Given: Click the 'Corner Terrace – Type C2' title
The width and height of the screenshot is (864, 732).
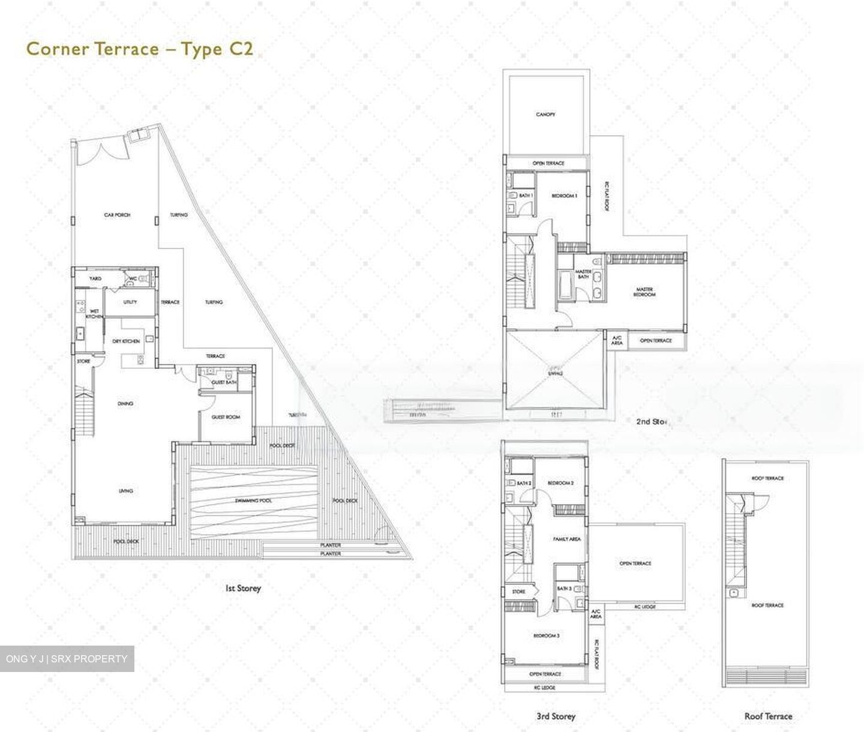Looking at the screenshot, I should click(x=140, y=49).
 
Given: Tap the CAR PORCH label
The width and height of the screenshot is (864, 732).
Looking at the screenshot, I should click(x=117, y=215).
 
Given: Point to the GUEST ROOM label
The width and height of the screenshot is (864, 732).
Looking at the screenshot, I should click(x=226, y=417).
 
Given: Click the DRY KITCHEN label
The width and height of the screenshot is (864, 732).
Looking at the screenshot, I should click(x=126, y=341).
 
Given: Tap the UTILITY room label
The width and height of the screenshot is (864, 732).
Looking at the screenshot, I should click(x=130, y=302).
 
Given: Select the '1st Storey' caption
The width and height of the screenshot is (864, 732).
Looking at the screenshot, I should click(x=243, y=589).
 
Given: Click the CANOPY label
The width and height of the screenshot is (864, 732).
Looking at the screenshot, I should click(x=545, y=114).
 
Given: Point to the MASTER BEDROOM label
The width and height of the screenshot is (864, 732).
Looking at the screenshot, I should click(x=644, y=292).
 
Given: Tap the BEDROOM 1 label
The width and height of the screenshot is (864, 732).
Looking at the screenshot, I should click(x=564, y=196).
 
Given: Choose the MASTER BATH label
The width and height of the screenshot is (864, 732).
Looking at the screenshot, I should click(x=583, y=274).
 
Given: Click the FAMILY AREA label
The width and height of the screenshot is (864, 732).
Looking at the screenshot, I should click(x=566, y=539).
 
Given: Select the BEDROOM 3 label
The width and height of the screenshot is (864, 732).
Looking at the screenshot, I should click(x=546, y=635).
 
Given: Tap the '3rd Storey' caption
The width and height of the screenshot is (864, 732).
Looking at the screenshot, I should click(x=556, y=716).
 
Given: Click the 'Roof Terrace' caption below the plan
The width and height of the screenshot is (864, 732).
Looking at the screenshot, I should click(x=768, y=716).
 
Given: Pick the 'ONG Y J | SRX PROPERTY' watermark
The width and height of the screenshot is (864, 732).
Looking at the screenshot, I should click(x=67, y=659).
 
